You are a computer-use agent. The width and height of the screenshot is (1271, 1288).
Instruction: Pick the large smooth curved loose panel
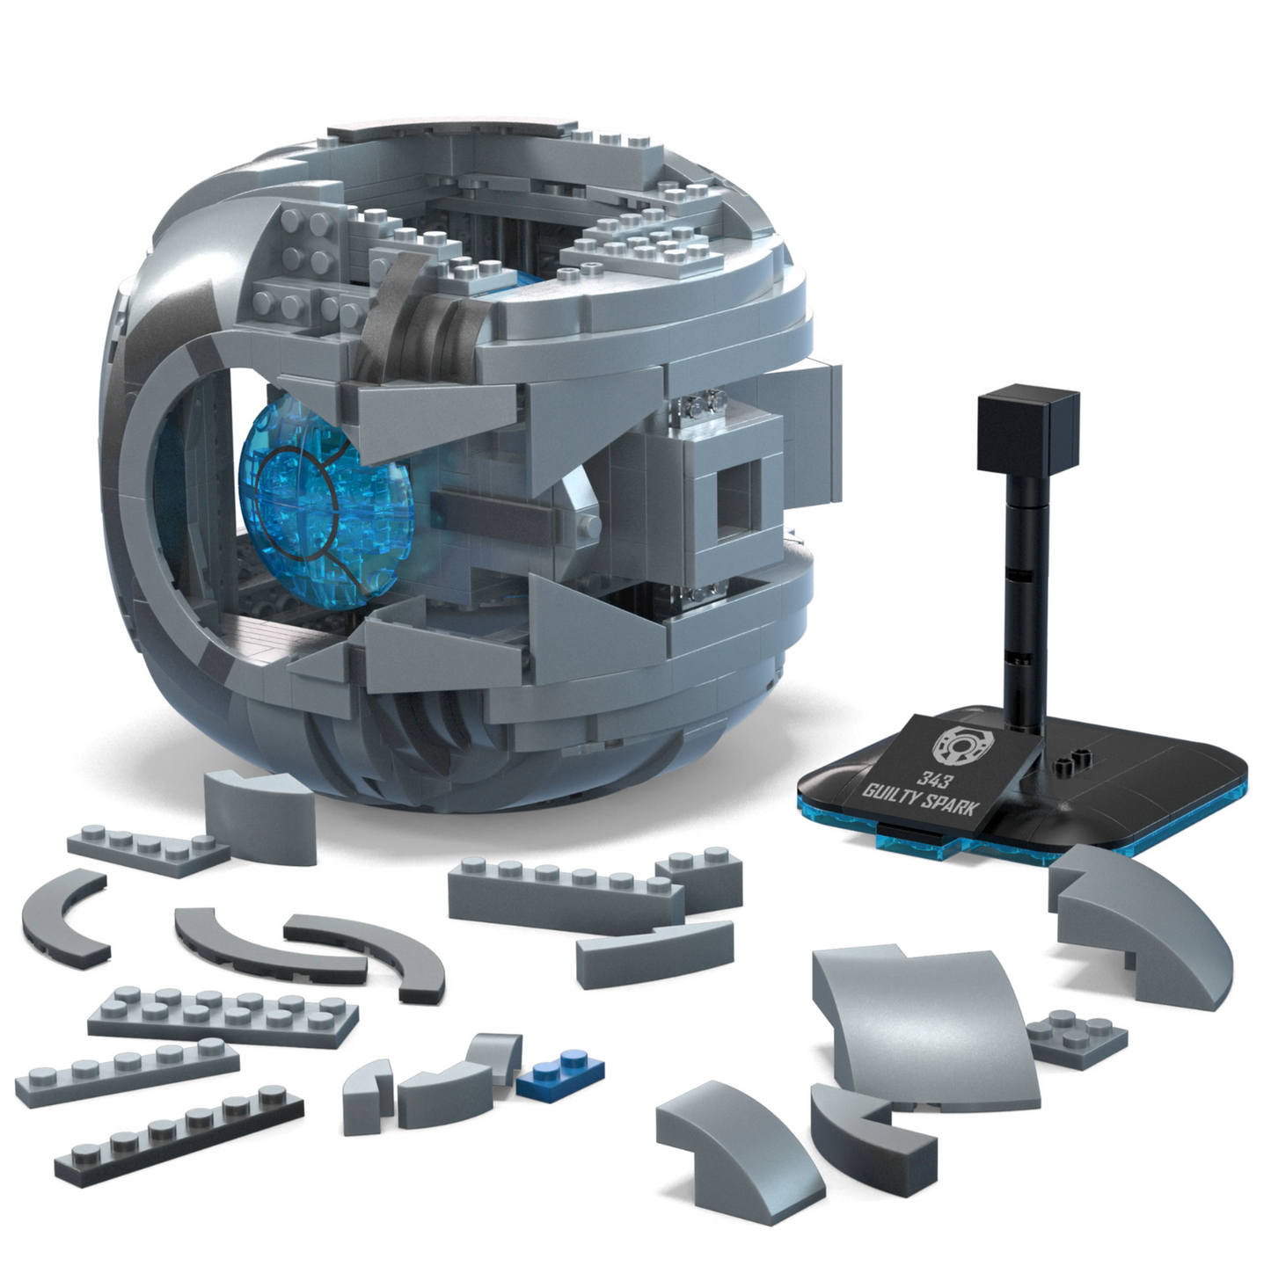(924, 1020)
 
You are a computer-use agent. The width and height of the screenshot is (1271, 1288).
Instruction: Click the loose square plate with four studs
(1077, 1037)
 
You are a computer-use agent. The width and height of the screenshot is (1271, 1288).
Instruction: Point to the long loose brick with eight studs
(563, 892)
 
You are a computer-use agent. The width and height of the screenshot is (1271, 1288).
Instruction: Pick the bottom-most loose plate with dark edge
(180, 1134)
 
